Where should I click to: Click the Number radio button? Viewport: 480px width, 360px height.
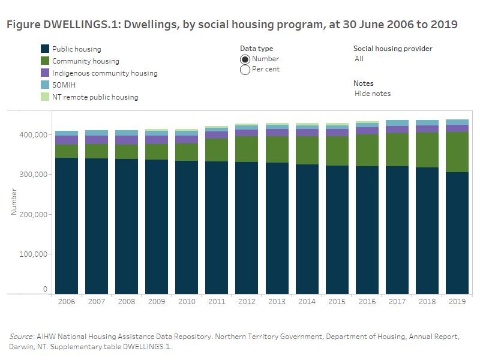click(245, 59)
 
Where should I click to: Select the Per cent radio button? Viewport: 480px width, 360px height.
click(245, 70)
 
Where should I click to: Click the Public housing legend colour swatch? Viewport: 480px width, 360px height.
click(44, 49)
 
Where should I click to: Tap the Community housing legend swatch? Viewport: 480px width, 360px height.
click(44, 61)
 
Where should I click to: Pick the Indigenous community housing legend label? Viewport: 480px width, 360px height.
click(104, 73)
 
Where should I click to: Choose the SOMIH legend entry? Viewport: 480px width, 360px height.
click(64, 85)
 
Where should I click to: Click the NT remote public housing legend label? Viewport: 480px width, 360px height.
click(95, 97)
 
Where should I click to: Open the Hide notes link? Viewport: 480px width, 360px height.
click(373, 94)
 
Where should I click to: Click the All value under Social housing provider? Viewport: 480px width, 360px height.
click(359, 59)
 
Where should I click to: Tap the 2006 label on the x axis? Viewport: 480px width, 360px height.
click(67, 301)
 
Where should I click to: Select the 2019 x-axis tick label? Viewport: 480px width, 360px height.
click(457, 301)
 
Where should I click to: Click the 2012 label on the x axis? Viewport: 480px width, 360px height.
click(247, 301)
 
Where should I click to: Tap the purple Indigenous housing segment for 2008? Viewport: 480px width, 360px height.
click(127, 140)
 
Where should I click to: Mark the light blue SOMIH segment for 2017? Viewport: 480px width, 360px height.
click(397, 123)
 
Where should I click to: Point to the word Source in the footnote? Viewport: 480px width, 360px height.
click(20, 337)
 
